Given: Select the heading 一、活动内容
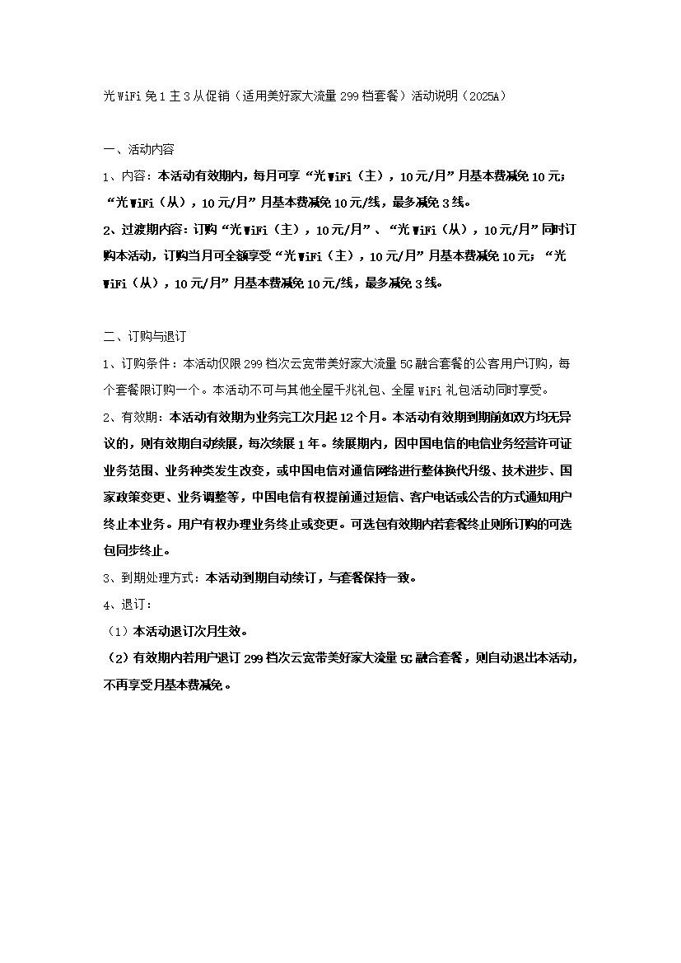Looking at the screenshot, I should tap(138, 149).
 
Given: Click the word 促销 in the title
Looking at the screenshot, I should tap(215, 96).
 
